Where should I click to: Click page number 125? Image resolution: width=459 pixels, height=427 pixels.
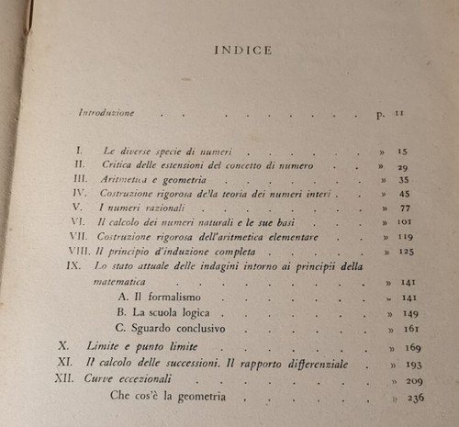click(x=401, y=254)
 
